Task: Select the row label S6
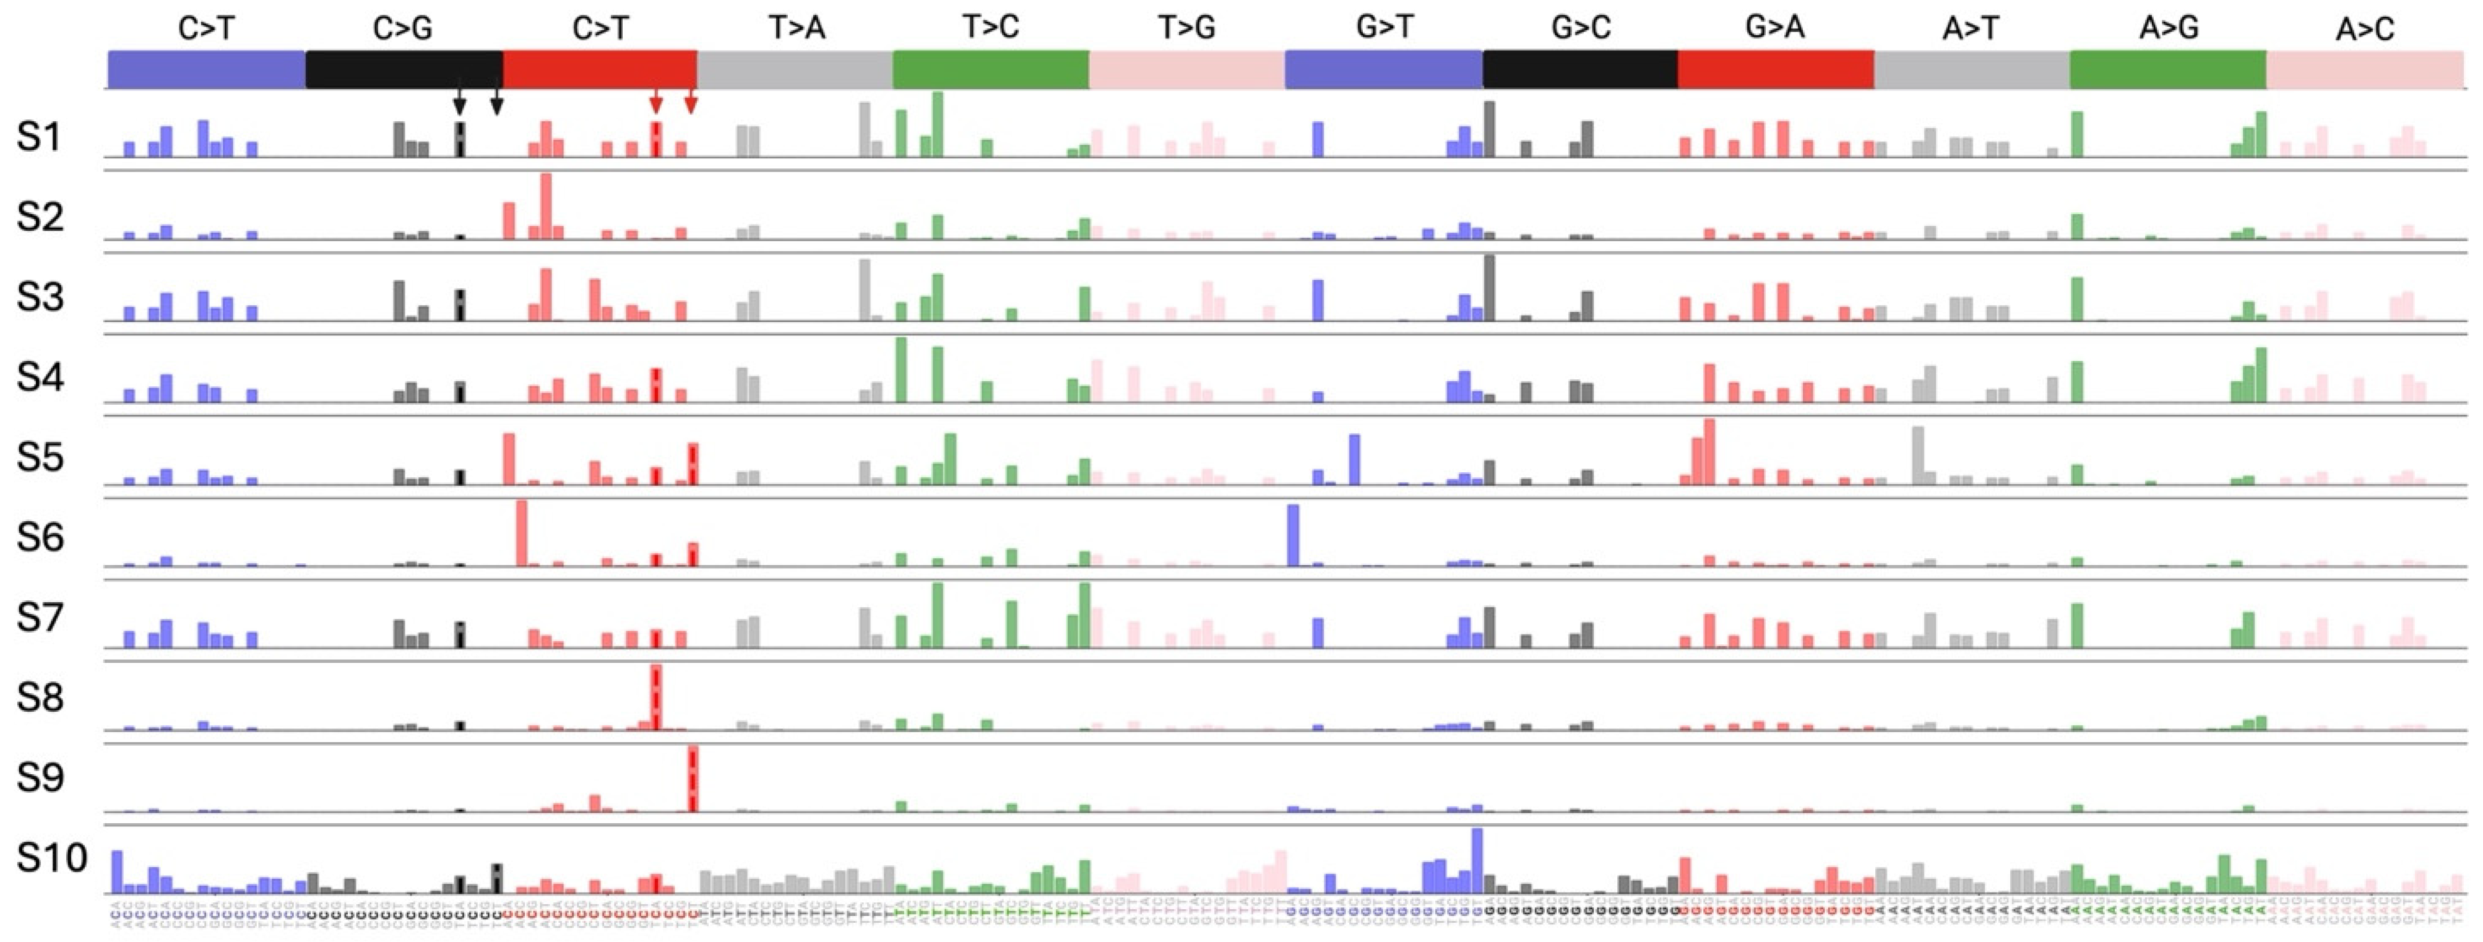(40, 537)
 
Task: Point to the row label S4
(40, 377)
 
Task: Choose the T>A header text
(796, 29)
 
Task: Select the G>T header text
(1384, 29)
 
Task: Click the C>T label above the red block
(600, 29)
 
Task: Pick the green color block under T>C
(991, 69)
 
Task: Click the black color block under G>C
(1580, 69)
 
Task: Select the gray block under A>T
(1971, 69)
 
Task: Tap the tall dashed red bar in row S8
(655, 698)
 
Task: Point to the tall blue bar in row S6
(1293, 536)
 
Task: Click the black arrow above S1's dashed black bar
(460, 99)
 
